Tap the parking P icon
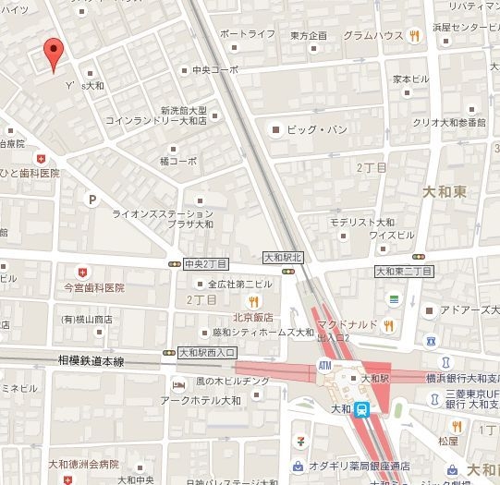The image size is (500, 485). click(91, 198)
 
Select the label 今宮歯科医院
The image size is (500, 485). click(93, 287)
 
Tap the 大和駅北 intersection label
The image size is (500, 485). click(283, 257)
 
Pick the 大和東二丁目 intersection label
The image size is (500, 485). click(403, 271)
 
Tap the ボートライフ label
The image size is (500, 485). click(248, 34)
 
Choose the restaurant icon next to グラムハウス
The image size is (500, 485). click(417, 35)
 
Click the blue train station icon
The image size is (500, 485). click(363, 408)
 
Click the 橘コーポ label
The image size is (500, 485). click(178, 160)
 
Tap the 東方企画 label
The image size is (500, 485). click(308, 35)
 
